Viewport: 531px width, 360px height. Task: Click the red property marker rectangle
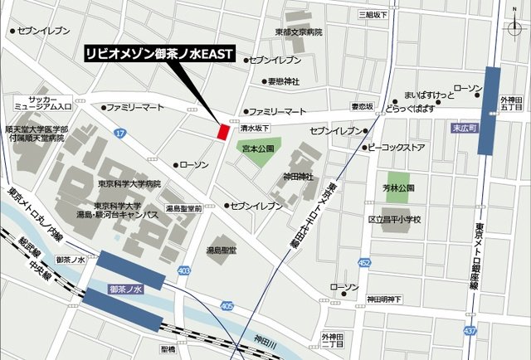pos(222,131)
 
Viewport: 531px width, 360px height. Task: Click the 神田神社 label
pos(298,176)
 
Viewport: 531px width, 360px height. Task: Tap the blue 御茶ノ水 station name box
pos(126,289)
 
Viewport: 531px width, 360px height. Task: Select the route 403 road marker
pos(184,270)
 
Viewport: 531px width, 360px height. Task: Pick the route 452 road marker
pos(364,262)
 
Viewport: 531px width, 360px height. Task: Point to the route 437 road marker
pos(470,331)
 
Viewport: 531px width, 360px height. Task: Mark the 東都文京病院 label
pos(299,32)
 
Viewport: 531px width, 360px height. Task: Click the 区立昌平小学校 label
pos(394,220)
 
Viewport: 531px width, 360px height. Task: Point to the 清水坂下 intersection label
pos(255,129)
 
